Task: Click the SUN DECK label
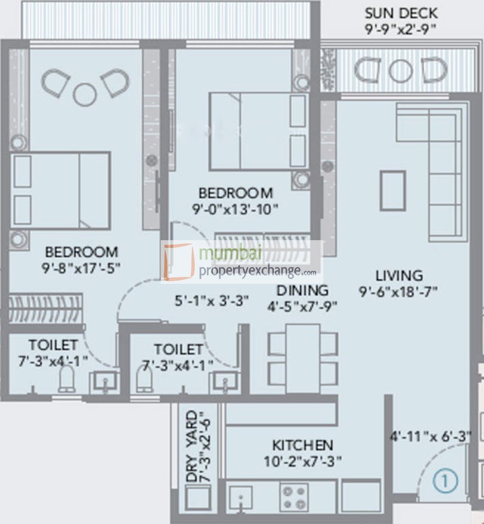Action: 401,13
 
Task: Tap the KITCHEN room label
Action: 302,445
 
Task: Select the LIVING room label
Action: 399,275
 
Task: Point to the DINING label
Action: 302,290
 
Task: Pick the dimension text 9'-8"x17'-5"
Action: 81,268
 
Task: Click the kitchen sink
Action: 241,497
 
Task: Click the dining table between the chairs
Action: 303,357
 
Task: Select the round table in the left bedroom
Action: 84,93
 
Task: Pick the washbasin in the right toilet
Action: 226,381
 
